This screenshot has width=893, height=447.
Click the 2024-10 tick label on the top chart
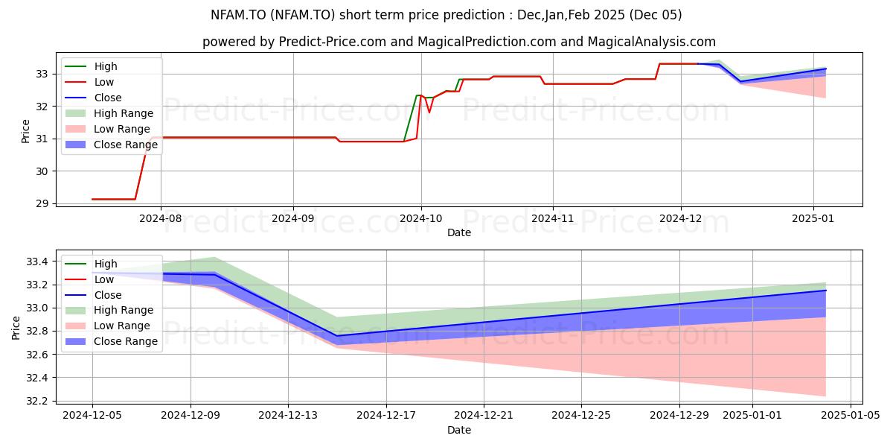(421, 218)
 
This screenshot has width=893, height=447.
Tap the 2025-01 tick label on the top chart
(813, 218)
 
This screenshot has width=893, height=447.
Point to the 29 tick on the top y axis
(42, 203)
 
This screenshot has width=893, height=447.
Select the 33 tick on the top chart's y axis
(42, 74)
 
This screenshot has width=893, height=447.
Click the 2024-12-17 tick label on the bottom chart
(386, 415)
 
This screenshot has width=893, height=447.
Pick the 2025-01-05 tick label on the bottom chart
(851, 415)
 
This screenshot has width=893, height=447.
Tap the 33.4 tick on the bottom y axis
(37, 261)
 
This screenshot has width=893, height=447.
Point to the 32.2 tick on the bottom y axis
(37, 401)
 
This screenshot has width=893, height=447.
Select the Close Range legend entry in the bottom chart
(111, 341)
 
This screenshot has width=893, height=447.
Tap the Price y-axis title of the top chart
(25, 131)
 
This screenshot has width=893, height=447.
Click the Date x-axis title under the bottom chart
(459, 430)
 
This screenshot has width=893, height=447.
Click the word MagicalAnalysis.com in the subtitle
(651, 42)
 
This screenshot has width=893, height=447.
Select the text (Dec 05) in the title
(656, 15)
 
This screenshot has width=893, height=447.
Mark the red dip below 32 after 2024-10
(429, 112)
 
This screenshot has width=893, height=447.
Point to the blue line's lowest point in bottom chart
(337, 336)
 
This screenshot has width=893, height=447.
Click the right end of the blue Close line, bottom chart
(825, 290)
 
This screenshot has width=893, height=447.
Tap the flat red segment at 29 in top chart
(114, 199)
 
